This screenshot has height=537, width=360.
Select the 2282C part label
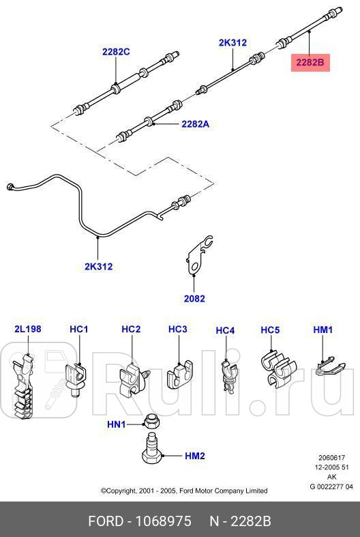(x=116, y=51)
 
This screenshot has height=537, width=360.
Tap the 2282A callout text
(x=196, y=124)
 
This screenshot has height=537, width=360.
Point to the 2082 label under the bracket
(x=194, y=298)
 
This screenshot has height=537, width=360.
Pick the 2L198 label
(x=27, y=329)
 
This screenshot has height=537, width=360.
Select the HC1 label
(x=79, y=329)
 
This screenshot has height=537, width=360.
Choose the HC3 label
(x=177, y=329)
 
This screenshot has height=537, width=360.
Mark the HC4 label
(x=225, y=330)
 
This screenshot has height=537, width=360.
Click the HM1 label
(x=322, y=329)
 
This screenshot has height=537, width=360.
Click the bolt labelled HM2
(x=152, y=455)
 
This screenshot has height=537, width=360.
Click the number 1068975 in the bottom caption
(x=162, y=521)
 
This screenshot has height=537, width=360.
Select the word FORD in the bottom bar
(x=106, y=521)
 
